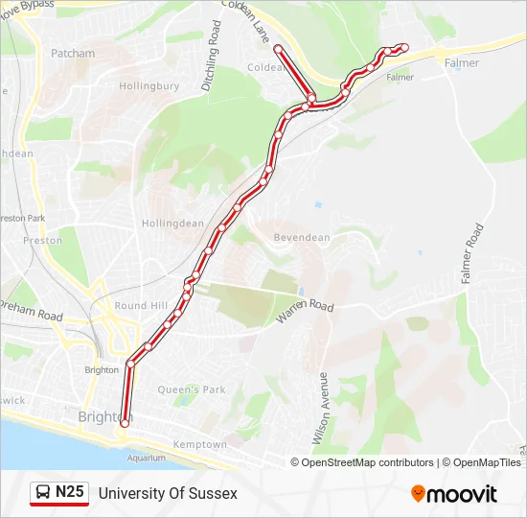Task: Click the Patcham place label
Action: (73, 54)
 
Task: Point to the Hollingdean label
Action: (172, 224)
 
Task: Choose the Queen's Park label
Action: (191, 389)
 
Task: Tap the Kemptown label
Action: (199, 445)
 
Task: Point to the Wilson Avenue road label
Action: (322, 409)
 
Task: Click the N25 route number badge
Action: (69, 493)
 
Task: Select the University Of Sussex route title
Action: (168, 493)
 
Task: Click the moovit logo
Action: (454, 494)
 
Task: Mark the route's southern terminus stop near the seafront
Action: (125, 423)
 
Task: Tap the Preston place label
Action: (42, 241)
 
